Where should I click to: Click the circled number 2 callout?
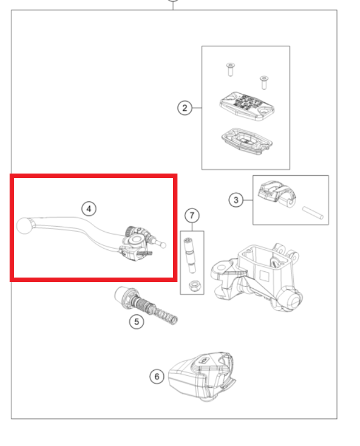[185, 108]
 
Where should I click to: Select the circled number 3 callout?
[236, 200]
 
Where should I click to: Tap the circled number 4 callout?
[89, 209]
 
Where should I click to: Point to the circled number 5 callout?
[137, 322]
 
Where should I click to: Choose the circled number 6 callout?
[157, 376]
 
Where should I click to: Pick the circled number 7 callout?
[192, 215]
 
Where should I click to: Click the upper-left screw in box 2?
[231, 70]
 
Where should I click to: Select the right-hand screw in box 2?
[264, 83]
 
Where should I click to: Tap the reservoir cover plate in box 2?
[247, 106]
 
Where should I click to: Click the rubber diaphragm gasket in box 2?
[247, 141]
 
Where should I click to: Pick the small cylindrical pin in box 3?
[313, 213]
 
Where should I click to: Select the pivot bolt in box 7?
[190, 255]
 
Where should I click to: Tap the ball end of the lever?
[24, 226]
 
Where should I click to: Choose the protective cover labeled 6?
[202, 376]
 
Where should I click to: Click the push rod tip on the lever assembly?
[163, 245]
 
